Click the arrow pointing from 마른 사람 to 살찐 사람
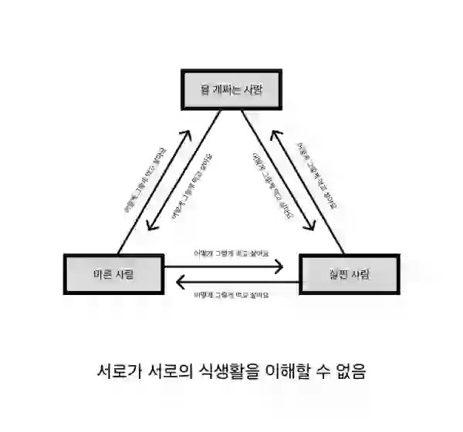(x=231, y=266)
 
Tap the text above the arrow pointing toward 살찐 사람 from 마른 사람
(x=231, y=253)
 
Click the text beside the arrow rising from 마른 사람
(x=145, y=178)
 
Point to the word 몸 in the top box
(x=205, y=90)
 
